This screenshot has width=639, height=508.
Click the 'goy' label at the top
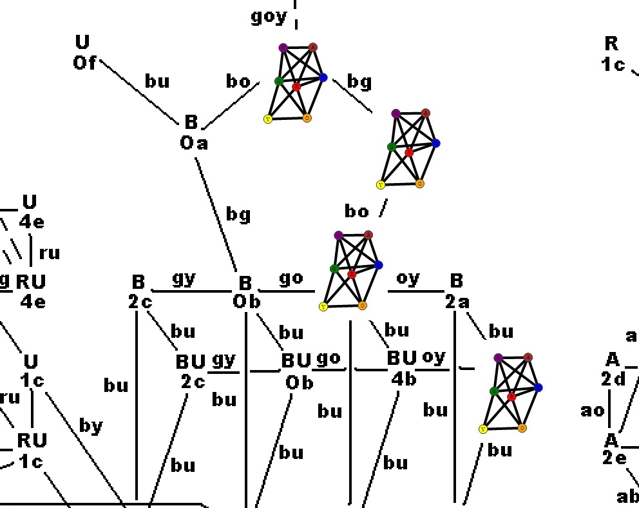point(269,17)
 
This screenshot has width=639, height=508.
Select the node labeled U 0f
point(83,53)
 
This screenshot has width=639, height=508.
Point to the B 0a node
point(193,132)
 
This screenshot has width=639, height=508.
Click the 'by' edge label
point(91,425)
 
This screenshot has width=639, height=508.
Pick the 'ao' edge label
point(593,410)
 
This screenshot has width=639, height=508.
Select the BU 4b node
point(403,368)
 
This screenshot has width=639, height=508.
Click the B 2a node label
point(457,291)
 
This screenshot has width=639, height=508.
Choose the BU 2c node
point(191,371)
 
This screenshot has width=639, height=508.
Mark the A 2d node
point(613,369)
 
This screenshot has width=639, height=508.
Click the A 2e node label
point(613,449)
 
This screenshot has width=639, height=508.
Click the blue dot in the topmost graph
point(323,77)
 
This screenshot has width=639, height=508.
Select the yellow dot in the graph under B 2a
point(482,429)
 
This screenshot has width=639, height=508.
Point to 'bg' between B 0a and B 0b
point(238,215)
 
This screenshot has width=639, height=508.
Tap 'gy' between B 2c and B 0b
point(184,278)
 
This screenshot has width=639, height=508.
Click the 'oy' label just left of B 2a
point(408,278)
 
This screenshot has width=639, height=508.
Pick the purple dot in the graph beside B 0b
point(339,235)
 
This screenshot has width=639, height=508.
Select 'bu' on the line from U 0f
point(157,81)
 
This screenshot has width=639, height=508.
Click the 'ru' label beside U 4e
point(50,253)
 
